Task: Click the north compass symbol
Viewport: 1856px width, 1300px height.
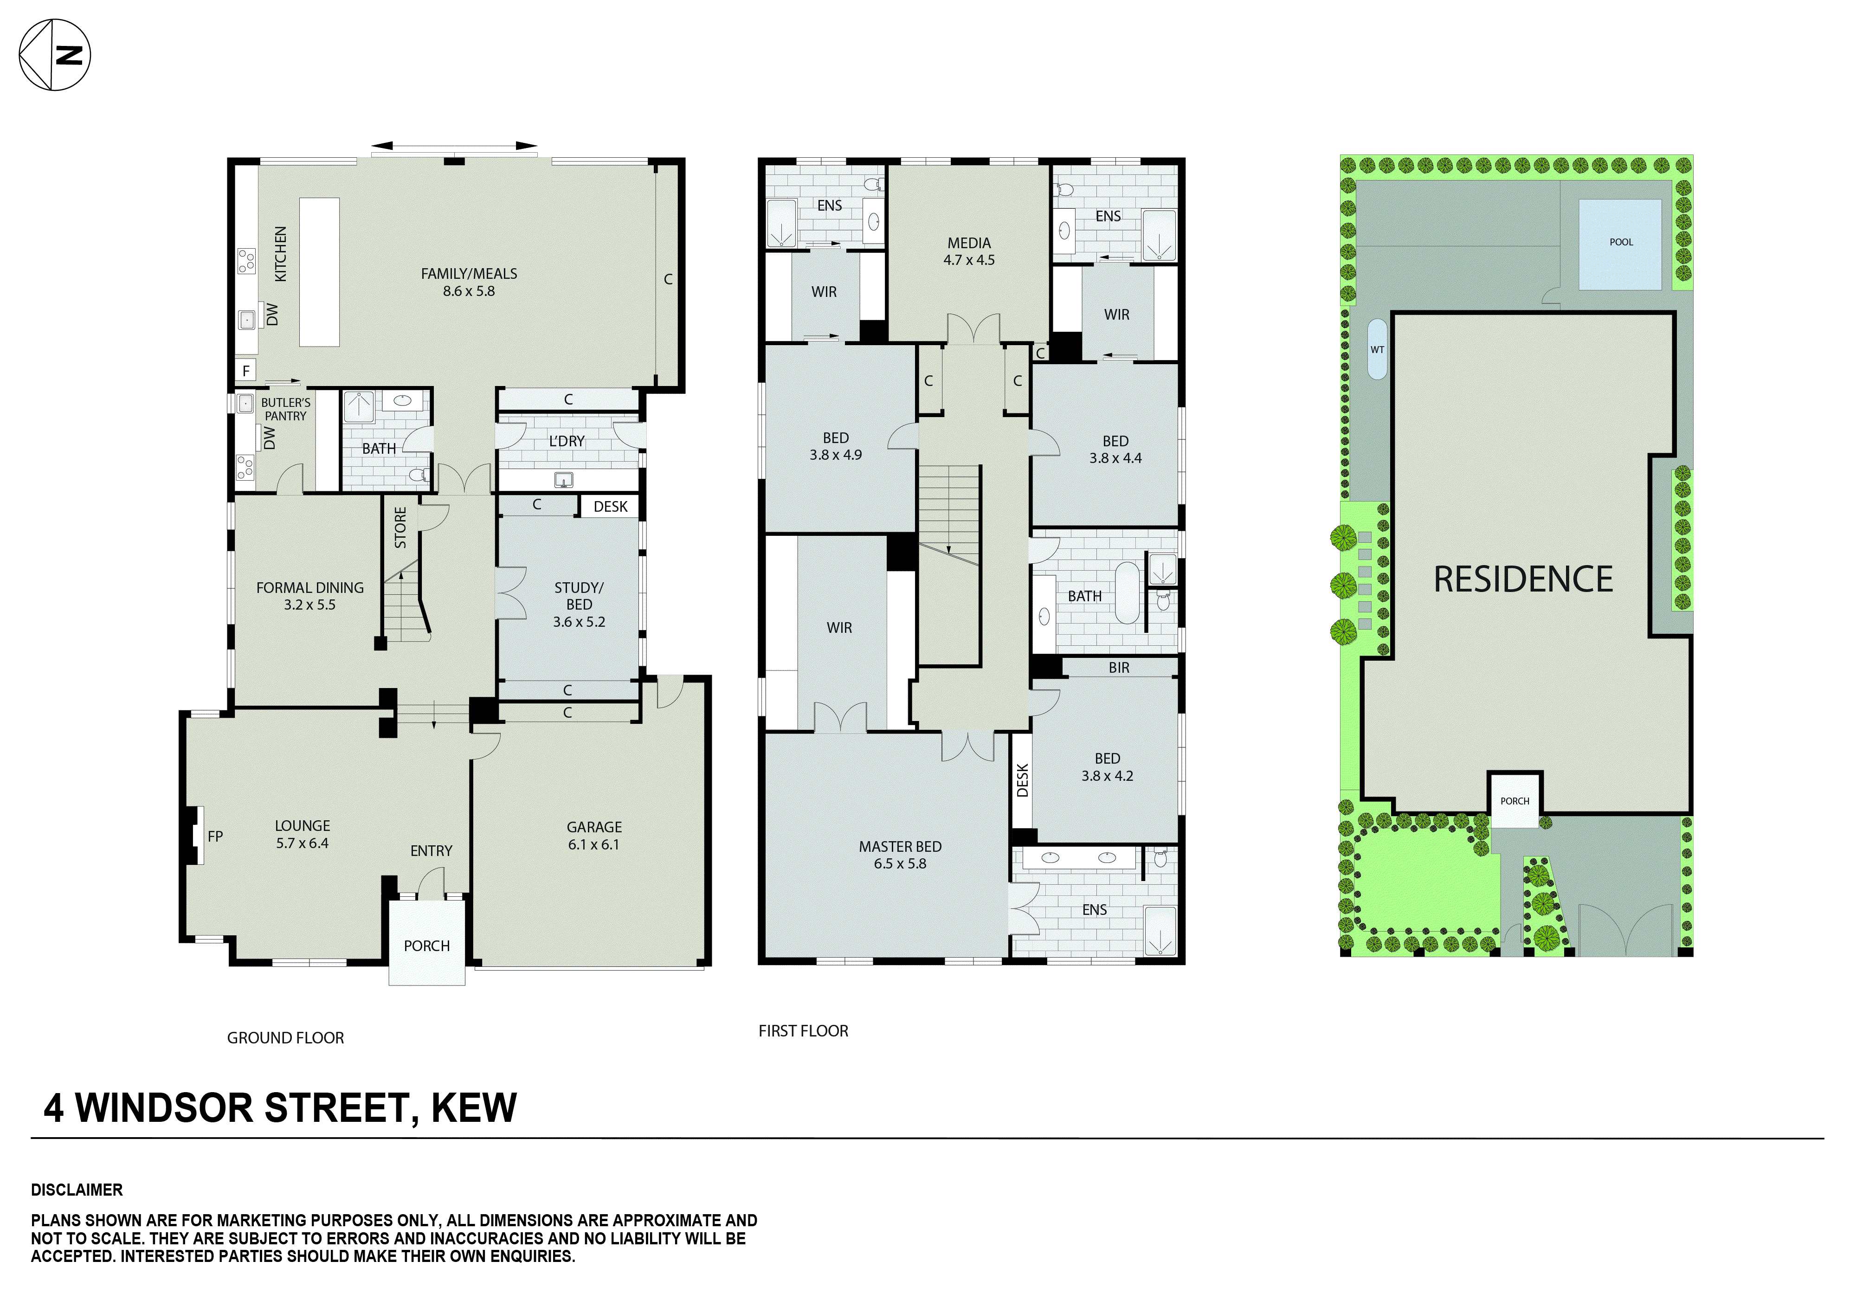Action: click(x=54, y=55)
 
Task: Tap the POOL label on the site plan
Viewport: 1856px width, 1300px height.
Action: click(x=1621, y=242)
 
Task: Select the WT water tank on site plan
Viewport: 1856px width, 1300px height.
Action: click(x=1377, y=349)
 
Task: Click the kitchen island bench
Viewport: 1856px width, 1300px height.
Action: click(x=319, y=272)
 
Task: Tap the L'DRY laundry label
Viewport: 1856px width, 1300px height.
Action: click(x=567, y=441)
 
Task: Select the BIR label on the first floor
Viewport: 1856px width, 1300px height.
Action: click(x=1119, y=668)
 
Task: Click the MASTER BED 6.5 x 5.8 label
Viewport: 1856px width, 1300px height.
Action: click(x=900, y=855)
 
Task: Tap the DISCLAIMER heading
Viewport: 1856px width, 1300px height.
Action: click(x=77, y=1190)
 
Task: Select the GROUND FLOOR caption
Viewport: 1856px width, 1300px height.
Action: click(x=285, y=1038)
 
